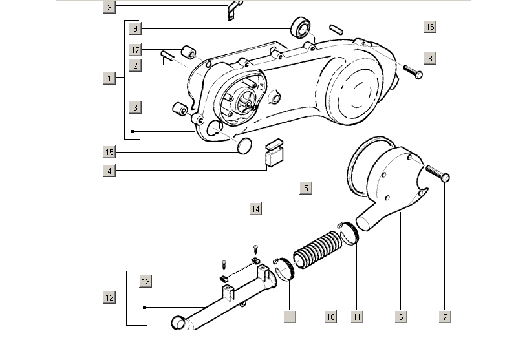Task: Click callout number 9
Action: tap(135, 29)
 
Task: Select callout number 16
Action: tap(430, 27)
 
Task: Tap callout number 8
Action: tap(430, 58)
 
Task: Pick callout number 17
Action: tap(135, 50)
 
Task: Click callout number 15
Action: tap(110, 152)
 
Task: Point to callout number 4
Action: tap(110, 171)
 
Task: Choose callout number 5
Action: tap(307, 188)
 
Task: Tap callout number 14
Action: tap(255, 209)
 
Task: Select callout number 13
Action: tap(146, 281)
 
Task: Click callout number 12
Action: tap(110, 298)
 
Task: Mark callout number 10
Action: tap(330, 317)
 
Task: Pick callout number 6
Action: tap(401, 317)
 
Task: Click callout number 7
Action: tap(445, 317)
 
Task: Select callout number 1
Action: tap(110, 78)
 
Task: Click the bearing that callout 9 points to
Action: tap(299, 29)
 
